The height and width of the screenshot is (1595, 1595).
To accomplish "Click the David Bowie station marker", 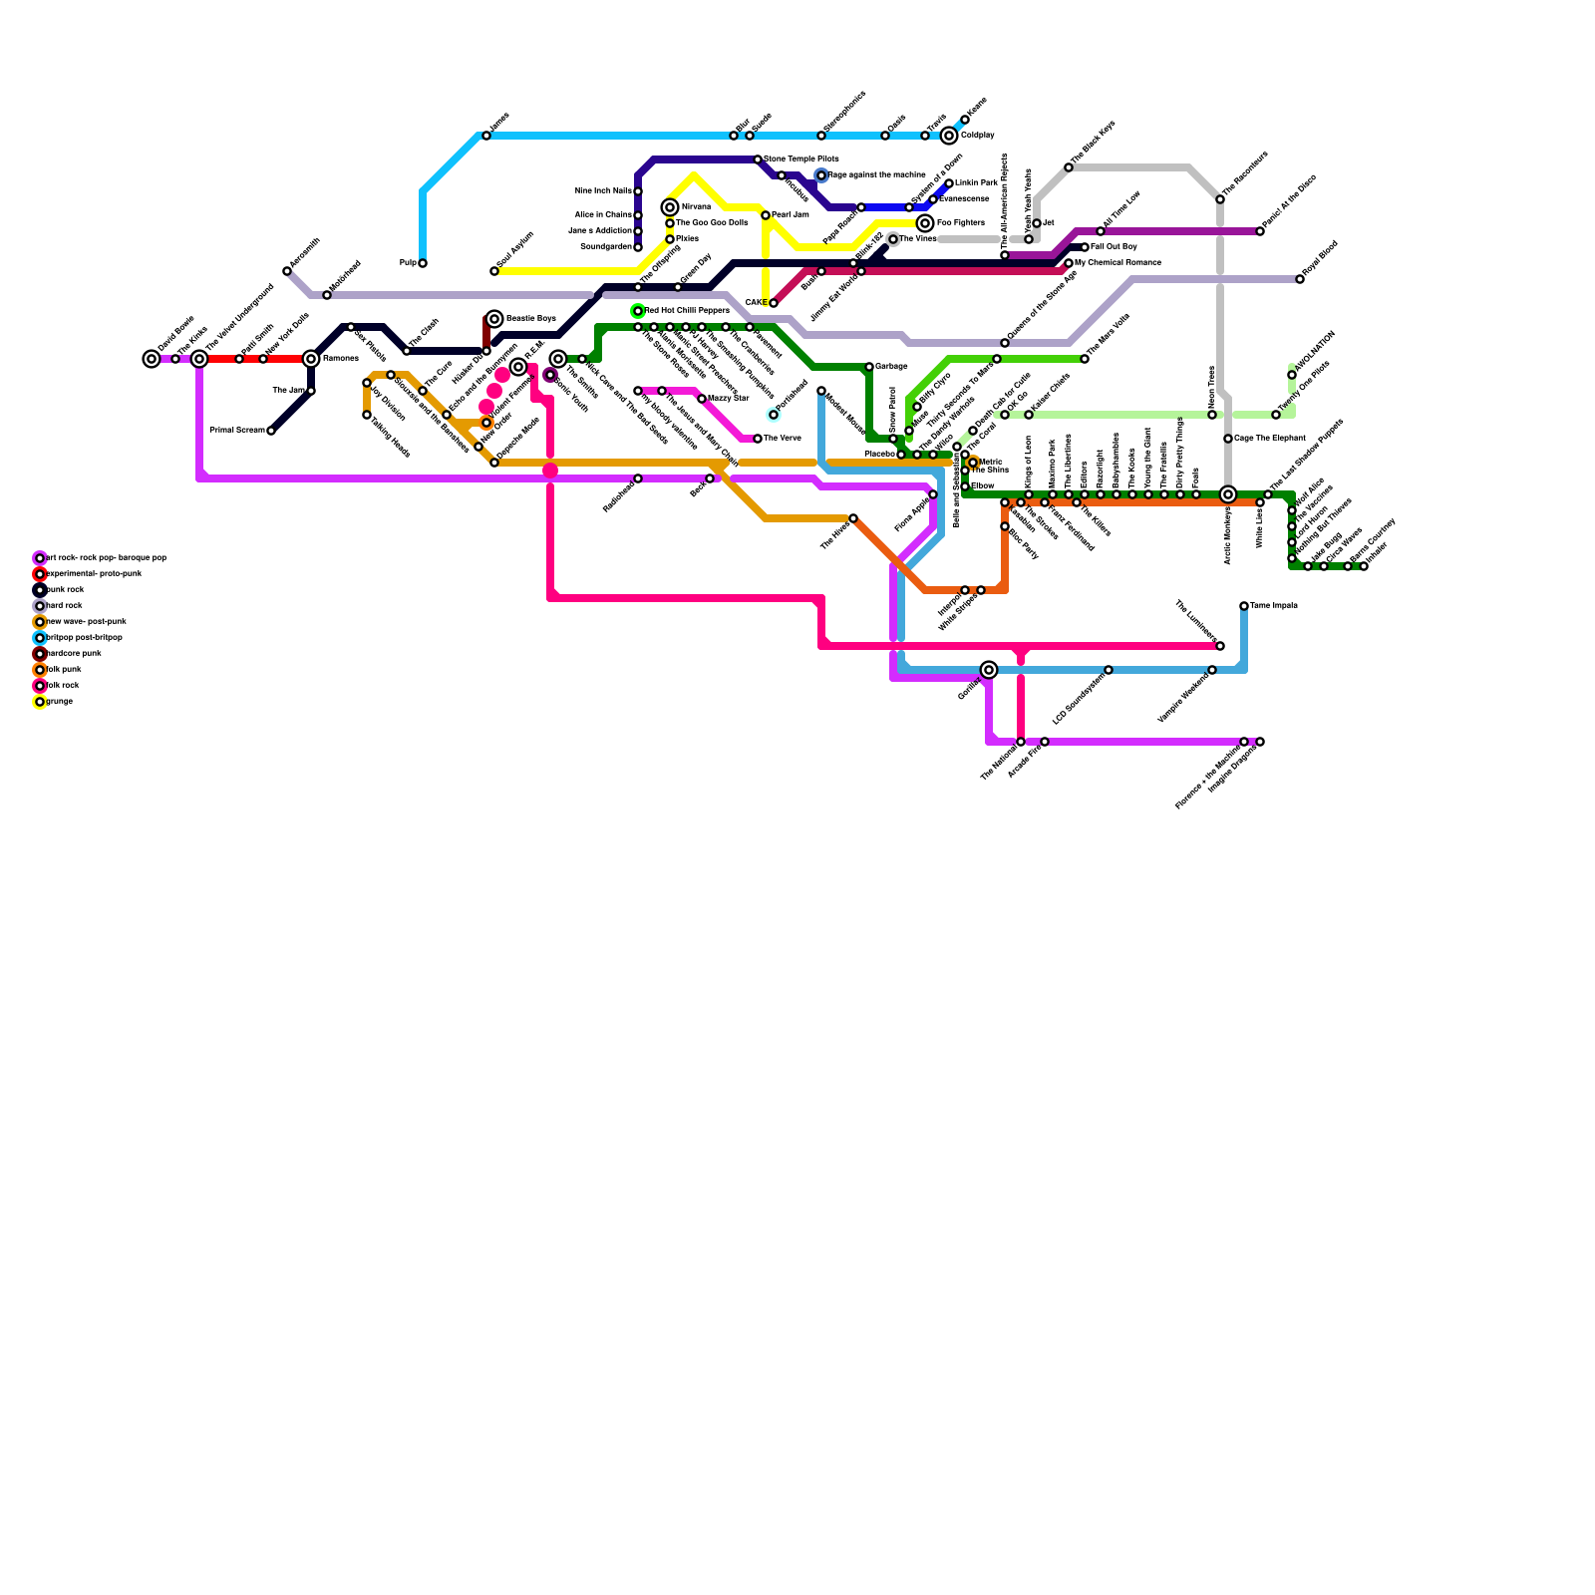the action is point(152,359).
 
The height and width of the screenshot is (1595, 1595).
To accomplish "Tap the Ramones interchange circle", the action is point(311,359).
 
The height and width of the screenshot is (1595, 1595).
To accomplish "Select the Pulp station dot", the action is point(423,263).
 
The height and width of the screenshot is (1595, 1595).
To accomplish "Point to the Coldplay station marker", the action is point(949,136).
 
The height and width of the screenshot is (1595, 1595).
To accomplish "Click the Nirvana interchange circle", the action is point(670,207).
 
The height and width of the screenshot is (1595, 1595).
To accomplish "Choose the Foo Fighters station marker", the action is point(925,223).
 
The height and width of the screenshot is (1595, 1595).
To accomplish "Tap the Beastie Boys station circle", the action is point(494,319).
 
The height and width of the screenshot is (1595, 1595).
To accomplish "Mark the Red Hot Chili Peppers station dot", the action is point(638,311).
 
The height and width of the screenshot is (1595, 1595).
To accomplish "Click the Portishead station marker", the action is point(774,415).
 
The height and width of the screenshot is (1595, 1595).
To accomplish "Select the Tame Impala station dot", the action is point(1244,606).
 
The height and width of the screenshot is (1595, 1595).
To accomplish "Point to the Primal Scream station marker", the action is point(271,431).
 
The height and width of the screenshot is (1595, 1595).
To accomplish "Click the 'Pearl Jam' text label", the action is point(790,215).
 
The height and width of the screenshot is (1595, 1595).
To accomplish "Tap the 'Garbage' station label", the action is point(891,367).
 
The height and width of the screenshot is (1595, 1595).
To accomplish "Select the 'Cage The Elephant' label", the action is point(1269,439).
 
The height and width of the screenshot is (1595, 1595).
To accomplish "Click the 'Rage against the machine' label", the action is point(876,175).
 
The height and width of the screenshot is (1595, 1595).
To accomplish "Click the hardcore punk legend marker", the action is point(40,654).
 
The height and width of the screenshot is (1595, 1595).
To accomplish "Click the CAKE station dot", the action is point(774,303).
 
